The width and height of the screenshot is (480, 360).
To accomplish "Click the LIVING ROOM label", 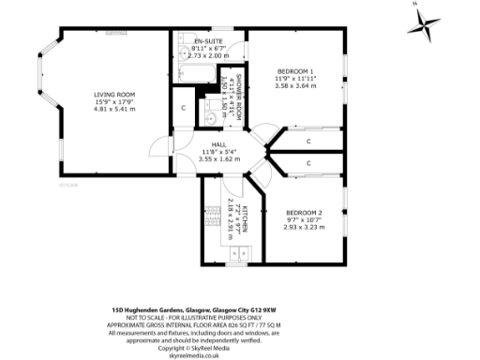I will pyautogui.click(x=114, y=94).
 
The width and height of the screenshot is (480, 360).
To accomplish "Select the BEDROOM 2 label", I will pyautogui.click(x=303, y=213).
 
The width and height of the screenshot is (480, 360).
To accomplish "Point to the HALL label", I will pyautogui.click(x=218, y=144).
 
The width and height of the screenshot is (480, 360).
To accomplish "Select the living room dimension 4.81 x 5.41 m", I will pyautogui.click(x=114, y=109).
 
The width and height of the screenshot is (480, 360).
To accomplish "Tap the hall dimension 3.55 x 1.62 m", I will pyautogui.click(x=218, y=158).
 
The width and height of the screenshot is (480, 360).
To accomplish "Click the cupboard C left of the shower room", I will pyautogui.click(x=184, y=107).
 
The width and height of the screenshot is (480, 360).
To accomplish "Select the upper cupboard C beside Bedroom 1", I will pyautogui.click(x=308, y=141).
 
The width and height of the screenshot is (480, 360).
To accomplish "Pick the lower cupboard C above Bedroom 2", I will pyautogui.click(x=308, y=164).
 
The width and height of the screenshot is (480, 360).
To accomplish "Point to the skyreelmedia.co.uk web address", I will pyautogui.click(x=194, y=355).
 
